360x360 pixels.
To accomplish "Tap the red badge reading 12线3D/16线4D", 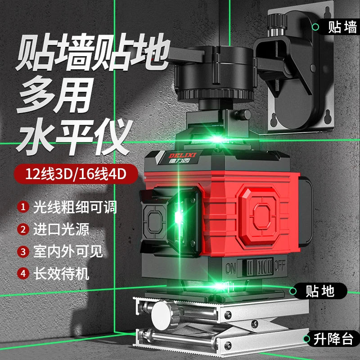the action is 76,174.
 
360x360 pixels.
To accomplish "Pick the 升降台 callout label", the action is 332,338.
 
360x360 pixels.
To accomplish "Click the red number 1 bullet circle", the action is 23,207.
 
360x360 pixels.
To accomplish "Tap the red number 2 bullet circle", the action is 23,229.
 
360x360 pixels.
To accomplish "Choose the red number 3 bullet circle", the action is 23,252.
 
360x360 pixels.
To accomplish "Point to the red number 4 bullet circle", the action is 23,274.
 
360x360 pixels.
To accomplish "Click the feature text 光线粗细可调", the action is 75,207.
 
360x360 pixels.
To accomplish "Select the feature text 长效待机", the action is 61,274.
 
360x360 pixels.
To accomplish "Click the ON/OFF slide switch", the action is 255,267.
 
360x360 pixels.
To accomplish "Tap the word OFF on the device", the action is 280,266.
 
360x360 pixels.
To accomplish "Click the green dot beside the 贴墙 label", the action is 315,27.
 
